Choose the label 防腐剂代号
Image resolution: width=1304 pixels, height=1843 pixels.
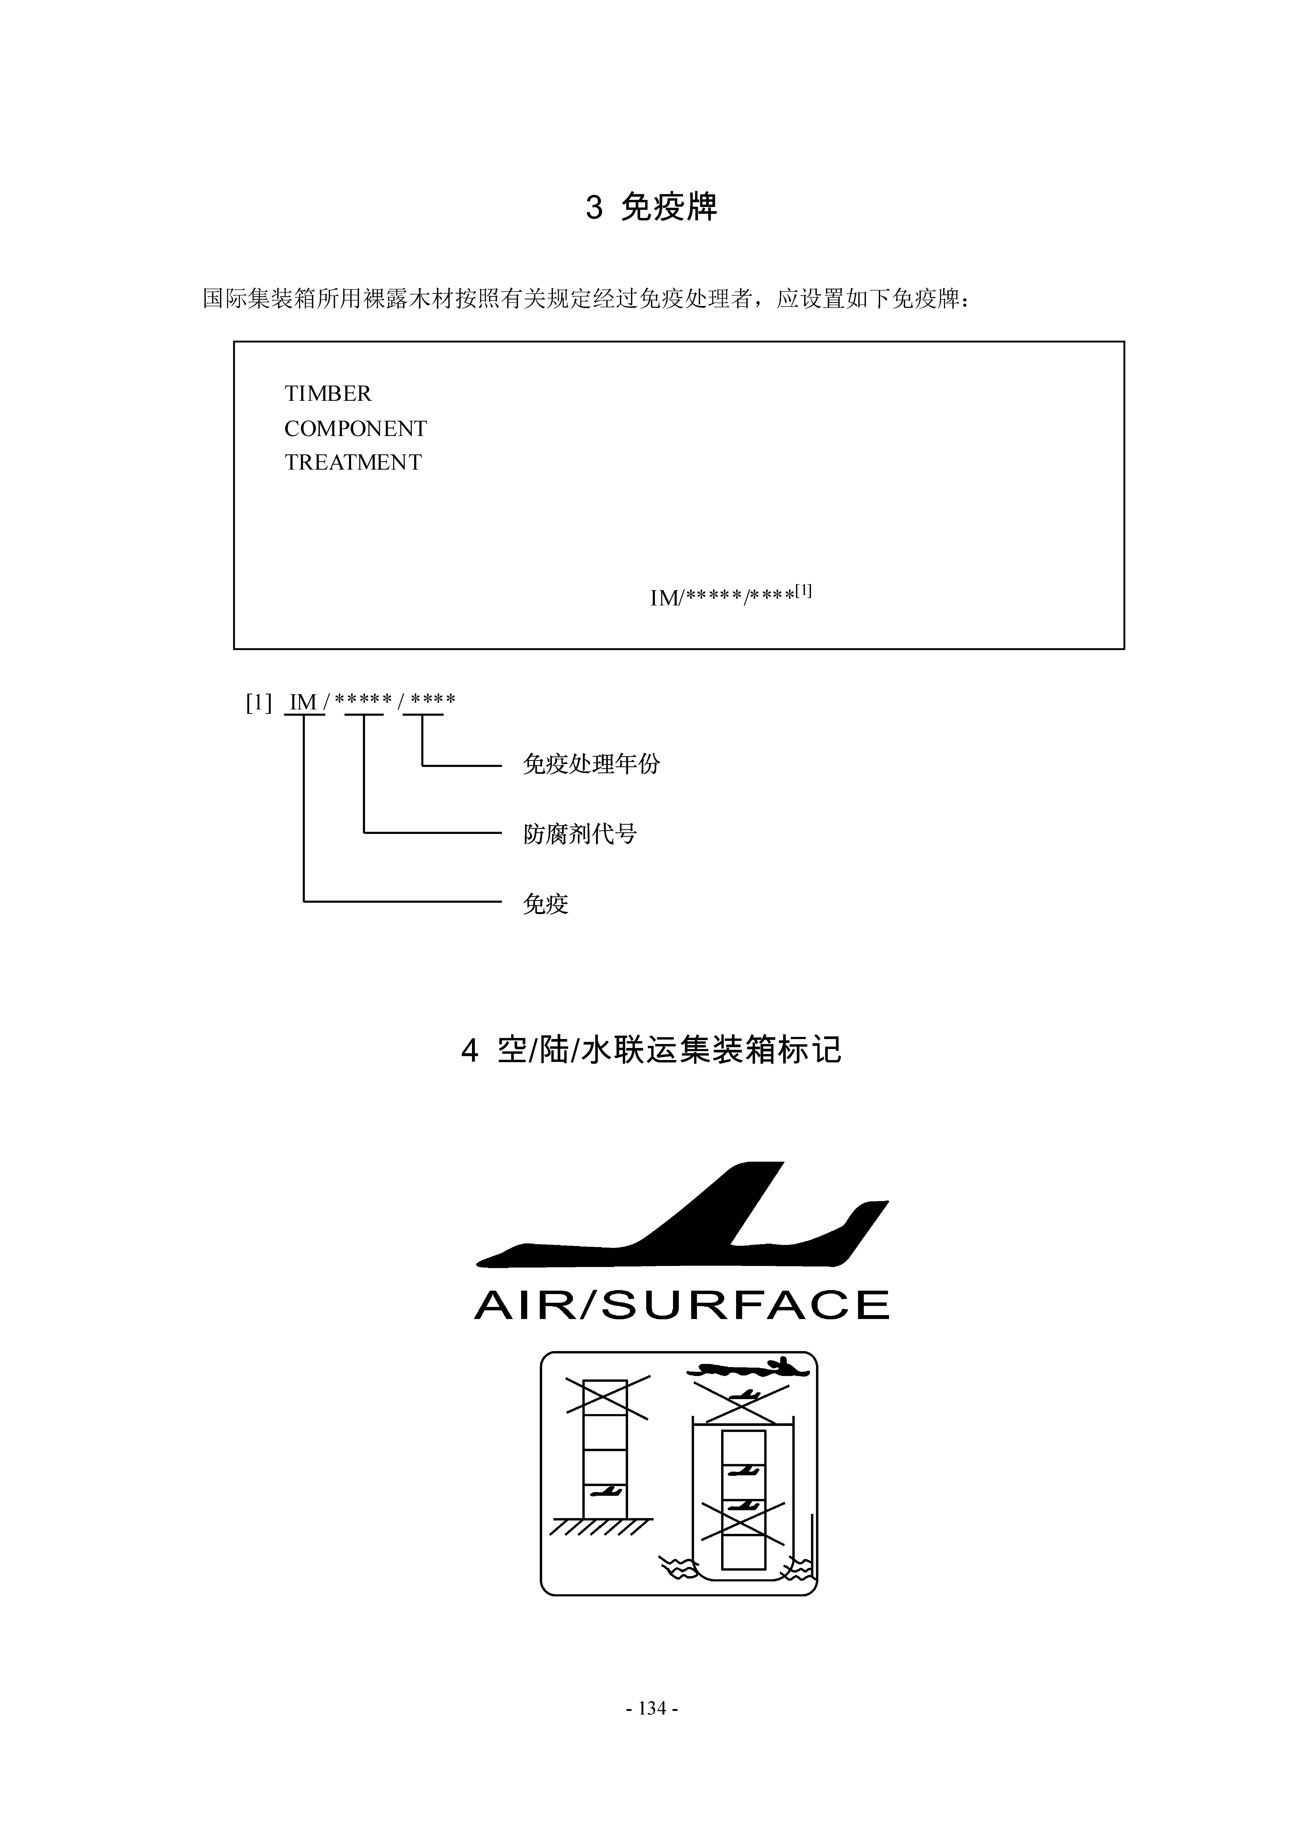pyautogui.click(x=580, y=834)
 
